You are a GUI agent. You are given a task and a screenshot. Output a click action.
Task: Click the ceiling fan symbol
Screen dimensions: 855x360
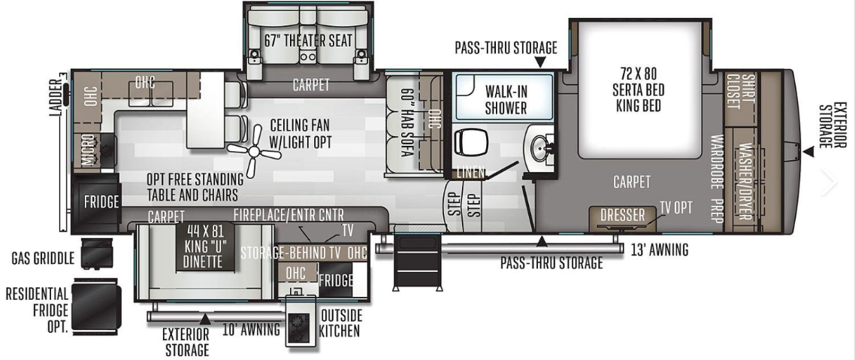(254, 150)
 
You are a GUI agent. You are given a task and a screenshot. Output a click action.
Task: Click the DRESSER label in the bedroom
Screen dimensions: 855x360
(622, 216)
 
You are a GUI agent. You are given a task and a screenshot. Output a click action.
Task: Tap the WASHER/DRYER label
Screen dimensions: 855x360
(745, 181)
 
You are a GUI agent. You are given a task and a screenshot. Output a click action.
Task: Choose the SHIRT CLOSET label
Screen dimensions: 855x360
(740, 92)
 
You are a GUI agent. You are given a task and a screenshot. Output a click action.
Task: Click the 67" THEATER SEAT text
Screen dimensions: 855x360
(308, 41)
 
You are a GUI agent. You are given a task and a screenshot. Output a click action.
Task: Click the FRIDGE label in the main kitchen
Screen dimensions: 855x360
(101, 202)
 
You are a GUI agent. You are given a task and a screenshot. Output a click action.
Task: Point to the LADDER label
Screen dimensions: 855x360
(56, 98)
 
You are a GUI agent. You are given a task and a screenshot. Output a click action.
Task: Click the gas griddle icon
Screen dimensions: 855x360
(97, 253)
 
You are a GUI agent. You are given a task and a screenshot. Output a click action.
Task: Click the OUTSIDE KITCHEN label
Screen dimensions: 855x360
(340, 323)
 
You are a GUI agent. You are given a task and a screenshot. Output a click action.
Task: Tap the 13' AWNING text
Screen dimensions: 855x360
(659, 250)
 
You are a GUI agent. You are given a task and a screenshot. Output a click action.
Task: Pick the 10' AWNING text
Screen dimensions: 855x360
(252, 329)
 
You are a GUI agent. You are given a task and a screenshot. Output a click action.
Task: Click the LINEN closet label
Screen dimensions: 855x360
(471, 172)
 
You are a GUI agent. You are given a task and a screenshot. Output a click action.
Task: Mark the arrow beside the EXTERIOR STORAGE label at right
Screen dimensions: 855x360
(809, 152)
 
